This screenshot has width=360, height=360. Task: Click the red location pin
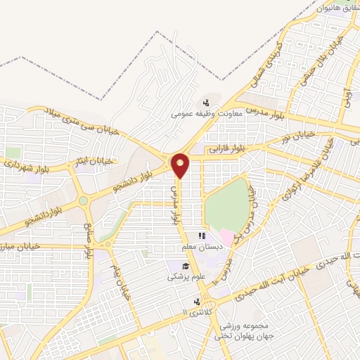(181, 166)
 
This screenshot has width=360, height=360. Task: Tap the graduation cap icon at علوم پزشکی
(184, 266)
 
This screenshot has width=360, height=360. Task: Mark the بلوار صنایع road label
(89, 238)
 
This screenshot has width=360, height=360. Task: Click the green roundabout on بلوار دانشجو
(83, 201)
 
